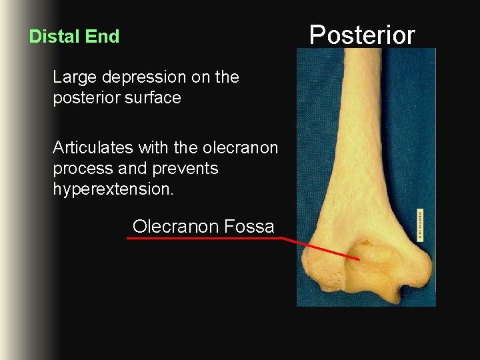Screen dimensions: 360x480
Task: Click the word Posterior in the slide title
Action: [x=362, y=35]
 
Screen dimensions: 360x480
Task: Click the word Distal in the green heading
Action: [x=51, y=37]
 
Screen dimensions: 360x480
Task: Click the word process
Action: [x=81, y=169]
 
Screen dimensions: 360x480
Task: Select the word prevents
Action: [x=185, y=169]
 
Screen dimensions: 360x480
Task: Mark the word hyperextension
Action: [x=112, y=190]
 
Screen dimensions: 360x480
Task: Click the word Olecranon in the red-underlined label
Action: [x=175, y=227]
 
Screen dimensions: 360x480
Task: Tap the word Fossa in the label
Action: [x=249, y=227]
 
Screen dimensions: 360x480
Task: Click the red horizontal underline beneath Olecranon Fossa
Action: [x=203, y=238]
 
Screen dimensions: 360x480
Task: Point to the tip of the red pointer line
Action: [x=359, y=259]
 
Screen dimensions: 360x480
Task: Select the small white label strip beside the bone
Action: [x=421, y=223]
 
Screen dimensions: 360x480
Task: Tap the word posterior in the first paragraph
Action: [x=83, y=98]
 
